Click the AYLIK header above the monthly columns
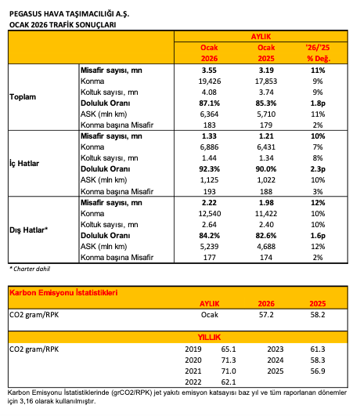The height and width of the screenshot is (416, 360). [261, 36]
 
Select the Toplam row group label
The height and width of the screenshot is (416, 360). [23, 97]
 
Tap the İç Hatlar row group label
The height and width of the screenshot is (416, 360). [24, 163]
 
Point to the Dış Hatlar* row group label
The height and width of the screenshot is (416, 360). [28, 230]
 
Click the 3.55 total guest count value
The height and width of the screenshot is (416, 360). [209, 71]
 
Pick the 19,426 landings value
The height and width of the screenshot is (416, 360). [210, 81]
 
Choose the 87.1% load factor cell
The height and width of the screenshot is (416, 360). [210, 103]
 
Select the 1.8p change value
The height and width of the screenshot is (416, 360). [318, 103]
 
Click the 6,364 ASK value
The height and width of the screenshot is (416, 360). [209, 114]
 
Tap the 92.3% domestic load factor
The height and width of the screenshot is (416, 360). [210, 169]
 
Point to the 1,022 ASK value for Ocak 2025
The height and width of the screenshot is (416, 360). [266, 180]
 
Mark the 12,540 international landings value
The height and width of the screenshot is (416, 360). [210, 214]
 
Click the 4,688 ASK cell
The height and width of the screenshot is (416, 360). [266, 247]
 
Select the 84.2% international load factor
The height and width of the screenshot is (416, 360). [210, 236]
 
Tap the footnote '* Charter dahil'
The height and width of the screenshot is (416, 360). [30, 269]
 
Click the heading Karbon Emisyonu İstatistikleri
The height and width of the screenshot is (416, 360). [63, 293]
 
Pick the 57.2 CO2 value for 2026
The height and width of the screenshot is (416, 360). [266, 315]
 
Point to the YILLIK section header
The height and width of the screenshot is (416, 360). [209, 337]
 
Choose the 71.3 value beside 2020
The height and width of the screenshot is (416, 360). [229, 360]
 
